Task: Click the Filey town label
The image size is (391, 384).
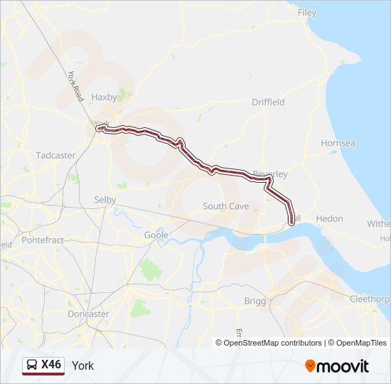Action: coord(307,13)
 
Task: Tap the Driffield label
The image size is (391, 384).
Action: coord(268,102)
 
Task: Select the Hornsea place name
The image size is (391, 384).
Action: coord(338,143)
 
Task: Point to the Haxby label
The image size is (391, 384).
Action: coord(104,97)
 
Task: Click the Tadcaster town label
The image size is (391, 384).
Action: coord(55,155)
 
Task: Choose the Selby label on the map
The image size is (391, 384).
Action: coord(105,201)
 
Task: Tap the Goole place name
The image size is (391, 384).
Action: coord(156,235)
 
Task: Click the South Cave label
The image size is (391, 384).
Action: coord(225,206)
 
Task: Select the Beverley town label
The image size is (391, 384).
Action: coord(271,174)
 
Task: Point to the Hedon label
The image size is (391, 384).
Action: coord(330,219)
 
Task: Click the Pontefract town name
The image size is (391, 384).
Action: coord(43,240)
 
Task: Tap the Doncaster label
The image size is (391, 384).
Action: coord(88,314)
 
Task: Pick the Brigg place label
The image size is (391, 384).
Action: coord(255,301)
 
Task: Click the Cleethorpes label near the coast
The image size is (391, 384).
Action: coord(370,299)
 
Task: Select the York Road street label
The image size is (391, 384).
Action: coord(76,85)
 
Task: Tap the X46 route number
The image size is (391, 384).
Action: coord(51,365)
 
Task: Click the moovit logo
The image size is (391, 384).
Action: coord(337,366)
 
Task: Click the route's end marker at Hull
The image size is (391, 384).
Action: coord(291,223)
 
